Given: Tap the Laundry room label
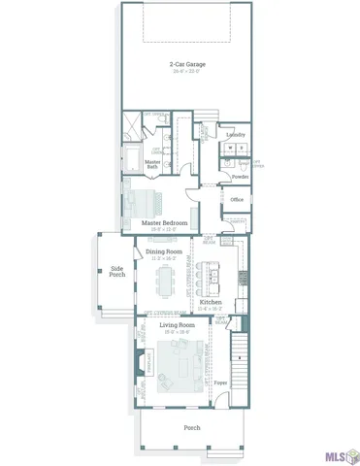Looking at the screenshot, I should click(235, 135).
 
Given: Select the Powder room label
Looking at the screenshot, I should click(240, 177).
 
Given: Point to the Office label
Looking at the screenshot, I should click(236, 200).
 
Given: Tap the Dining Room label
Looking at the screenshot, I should click(163, 251).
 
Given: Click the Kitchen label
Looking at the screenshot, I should click(211, 303).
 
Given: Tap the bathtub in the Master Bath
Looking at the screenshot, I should click(132, 160).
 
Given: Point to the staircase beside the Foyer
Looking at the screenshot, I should click(243, 364).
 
